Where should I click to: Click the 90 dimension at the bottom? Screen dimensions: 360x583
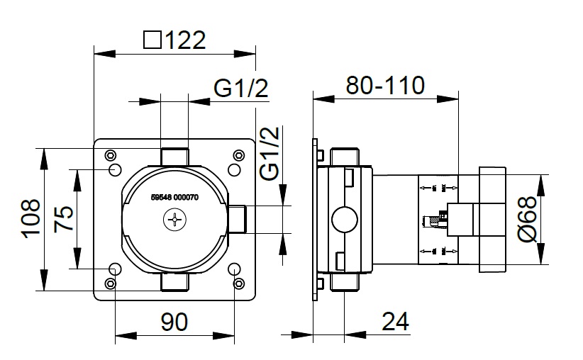[x=173, y=323]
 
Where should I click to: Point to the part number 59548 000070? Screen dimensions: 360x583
[x=174, y=198]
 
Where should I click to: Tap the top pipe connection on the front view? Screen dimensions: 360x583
[x=174, y=156]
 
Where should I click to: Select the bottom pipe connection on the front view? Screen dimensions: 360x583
[x=174, y=283]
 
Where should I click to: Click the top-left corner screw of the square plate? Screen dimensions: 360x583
[x=109, y=156]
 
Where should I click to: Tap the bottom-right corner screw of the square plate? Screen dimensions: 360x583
[x=239, y=283]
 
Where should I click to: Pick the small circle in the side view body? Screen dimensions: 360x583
[x=345, y=219]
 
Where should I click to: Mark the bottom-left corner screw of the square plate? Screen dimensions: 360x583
[x=109, y=283]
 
